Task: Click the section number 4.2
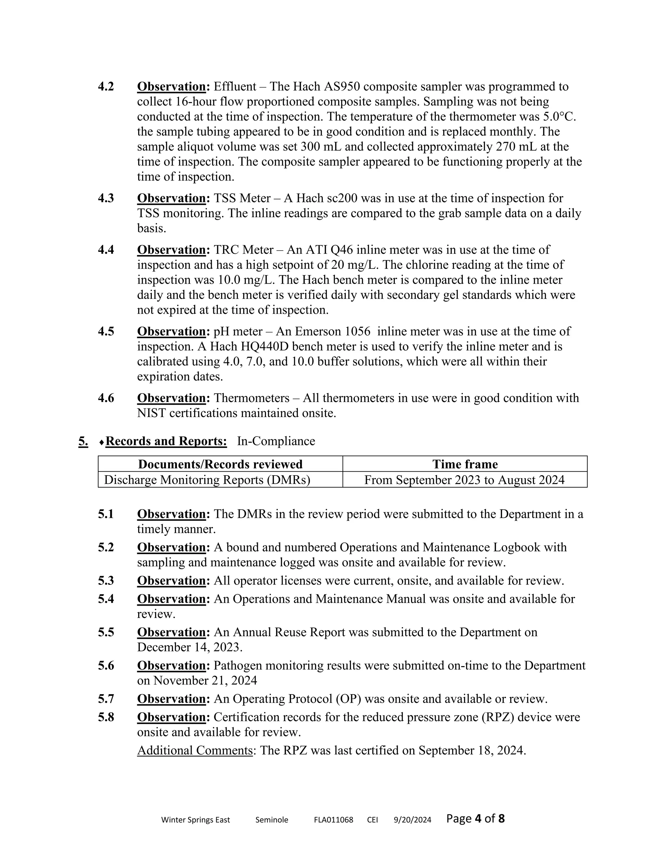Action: coord(106,87)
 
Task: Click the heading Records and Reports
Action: coord(166,441)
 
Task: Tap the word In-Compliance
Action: coord(276,441)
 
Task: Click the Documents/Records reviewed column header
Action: coord(220,464)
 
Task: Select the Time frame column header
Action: coord(465,464)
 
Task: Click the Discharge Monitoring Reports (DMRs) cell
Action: coord(207,480)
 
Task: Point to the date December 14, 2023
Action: coord(189,647)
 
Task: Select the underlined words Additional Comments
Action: coord(194,750)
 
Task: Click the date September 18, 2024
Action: coord(472,750)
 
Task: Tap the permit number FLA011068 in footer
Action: coord(333,820)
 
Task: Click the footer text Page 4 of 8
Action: coord(475,819)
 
